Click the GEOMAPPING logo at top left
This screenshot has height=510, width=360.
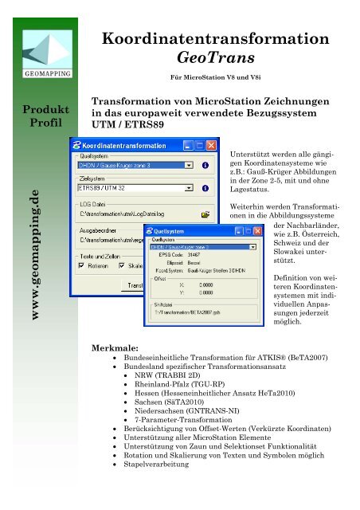39,53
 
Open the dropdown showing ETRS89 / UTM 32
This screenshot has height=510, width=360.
188,189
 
